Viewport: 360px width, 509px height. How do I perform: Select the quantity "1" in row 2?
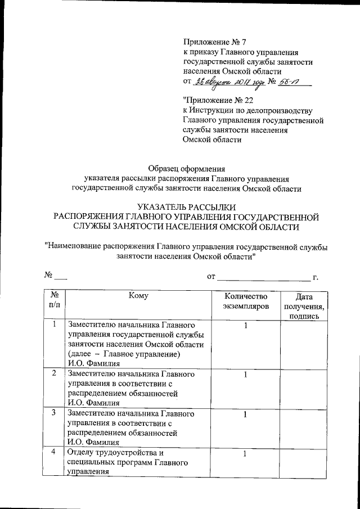(246, 374)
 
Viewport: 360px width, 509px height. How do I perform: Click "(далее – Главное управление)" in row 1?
(123, 354)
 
